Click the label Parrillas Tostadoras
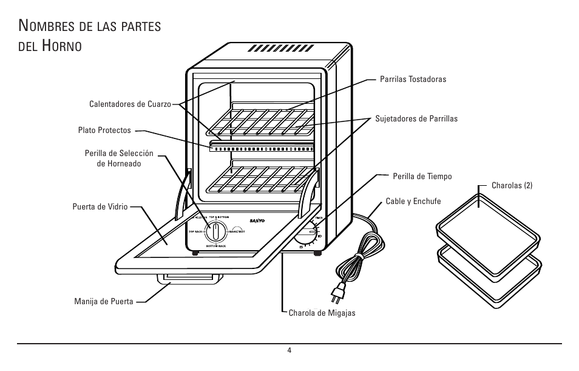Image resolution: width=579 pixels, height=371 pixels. click(413, 80)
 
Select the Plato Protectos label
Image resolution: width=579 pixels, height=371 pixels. click(104, 130)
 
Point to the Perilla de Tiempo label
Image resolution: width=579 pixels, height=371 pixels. click(422, 176)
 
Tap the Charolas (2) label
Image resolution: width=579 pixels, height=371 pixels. click(512, 186)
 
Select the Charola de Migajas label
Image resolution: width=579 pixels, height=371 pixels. click(322, 313)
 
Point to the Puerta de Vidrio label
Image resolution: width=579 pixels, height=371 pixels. click(100, 206)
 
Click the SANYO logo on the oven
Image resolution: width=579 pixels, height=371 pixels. click(259, 221)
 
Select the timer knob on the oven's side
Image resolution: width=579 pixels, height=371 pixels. click(308, 233)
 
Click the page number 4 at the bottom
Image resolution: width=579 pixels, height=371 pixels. click(289, 350)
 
